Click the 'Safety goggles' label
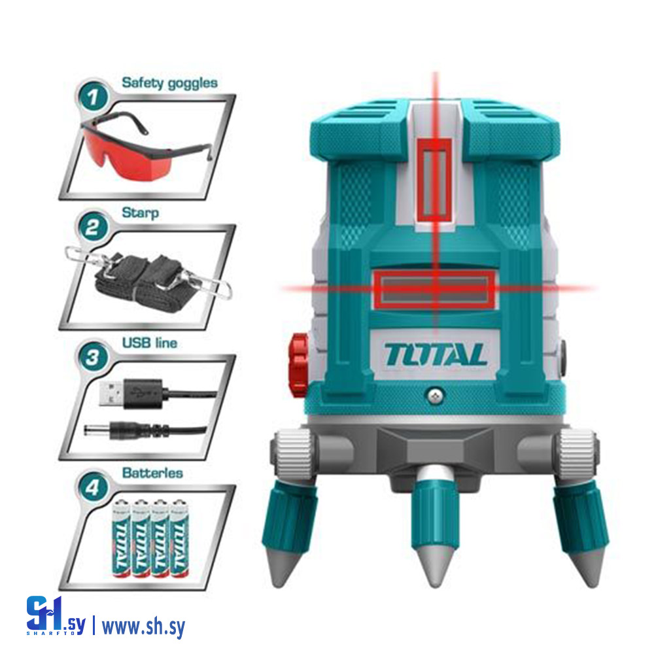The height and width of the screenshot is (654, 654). pyautogui.click(x=169, y=83)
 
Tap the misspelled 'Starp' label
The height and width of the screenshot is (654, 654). pyautogui.click(x=140, y=213)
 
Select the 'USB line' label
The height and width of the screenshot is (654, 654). pyautogui.click(x=150, y=342)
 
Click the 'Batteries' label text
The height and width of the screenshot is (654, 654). pyautogui.click(x=152, y=472)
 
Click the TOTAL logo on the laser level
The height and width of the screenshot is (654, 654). pyautogui.click(x=436, y=354)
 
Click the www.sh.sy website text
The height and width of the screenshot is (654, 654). pyautogui.click(x=143, y=627)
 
